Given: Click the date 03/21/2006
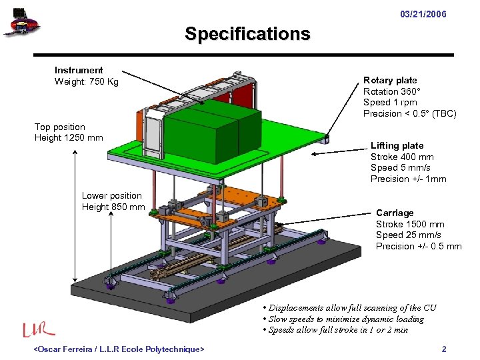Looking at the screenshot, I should point(423,15).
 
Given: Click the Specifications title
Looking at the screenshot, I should point(247,33).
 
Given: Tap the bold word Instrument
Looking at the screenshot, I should point(79,70).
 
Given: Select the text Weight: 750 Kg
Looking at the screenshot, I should point(86,81).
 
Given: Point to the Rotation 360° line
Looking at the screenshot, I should point(392,91).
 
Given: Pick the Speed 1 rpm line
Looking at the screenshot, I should point(390,102).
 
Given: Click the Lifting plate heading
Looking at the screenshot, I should point(397,145).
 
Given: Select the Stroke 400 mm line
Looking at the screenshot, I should point(402,157).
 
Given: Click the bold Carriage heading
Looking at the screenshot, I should point(395,213).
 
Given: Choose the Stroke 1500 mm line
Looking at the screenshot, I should point(410,224).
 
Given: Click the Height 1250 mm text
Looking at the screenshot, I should point(69,138).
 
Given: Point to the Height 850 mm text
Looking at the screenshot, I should point(113,207).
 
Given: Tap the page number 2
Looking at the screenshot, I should point(444,349).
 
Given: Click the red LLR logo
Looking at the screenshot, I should point(39,329).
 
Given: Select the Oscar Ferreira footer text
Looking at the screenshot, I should point(119,349).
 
